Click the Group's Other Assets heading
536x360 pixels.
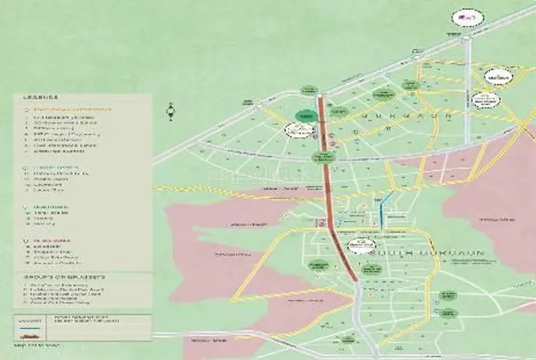(51, 278)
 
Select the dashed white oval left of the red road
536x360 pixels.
(296, 131)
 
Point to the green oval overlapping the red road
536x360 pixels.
(319, 157)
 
